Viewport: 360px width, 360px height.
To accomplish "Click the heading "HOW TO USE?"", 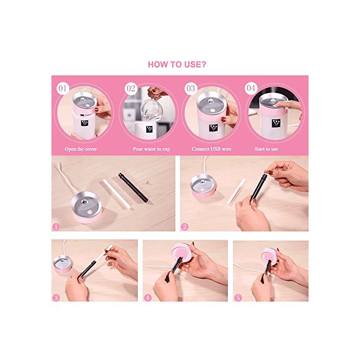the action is [177, 64].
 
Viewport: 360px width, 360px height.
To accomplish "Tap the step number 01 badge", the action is [63, 88].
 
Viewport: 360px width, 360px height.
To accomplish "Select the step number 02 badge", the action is [131, 88].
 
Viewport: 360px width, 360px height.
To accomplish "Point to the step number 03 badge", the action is [191, 88].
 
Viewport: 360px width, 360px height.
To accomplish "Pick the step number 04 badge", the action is [251, 88].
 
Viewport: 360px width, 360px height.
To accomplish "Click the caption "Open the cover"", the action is [81, 149].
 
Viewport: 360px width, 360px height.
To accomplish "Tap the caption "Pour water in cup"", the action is [151, 149].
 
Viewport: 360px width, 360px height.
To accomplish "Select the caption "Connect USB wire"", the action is [211, 149].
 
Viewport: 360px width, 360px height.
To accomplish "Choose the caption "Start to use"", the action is [266, 149].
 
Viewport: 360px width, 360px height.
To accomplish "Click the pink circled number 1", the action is [56, 227].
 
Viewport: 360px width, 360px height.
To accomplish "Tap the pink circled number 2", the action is [185, 227].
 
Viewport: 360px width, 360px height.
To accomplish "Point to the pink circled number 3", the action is [56, 298].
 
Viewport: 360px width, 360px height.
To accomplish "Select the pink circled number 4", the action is [148, 298].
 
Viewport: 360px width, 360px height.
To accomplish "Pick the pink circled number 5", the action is [238, 298].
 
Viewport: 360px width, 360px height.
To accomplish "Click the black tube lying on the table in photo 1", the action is [133, 188].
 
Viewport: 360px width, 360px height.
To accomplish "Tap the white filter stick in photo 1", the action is [117, 194].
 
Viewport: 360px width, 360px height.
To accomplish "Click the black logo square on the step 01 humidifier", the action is [84, 123].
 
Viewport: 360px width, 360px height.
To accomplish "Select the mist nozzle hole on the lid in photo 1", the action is [84, 202].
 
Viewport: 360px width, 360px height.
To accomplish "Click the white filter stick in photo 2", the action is [236, 192].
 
